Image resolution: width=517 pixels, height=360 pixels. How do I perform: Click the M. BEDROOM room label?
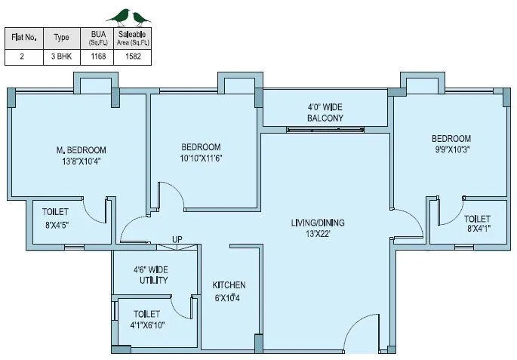click(75, 149)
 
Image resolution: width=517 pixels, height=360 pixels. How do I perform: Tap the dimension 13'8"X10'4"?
click(75, 161)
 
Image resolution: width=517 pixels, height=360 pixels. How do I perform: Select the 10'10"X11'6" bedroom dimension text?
click(201, 158)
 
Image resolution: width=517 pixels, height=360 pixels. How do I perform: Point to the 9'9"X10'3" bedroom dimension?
click(451, 149)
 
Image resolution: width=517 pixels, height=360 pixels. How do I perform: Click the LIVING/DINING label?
click(318, 223)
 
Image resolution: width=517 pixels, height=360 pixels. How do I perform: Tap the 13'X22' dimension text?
click(318, 234)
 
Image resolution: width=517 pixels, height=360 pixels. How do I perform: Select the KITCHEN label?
click(229, 285)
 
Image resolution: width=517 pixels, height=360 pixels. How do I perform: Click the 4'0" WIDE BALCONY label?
click(325, 112)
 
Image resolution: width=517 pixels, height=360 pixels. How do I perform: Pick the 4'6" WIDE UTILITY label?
click(150, 274)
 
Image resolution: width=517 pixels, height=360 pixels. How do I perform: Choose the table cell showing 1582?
click(133, 56)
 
